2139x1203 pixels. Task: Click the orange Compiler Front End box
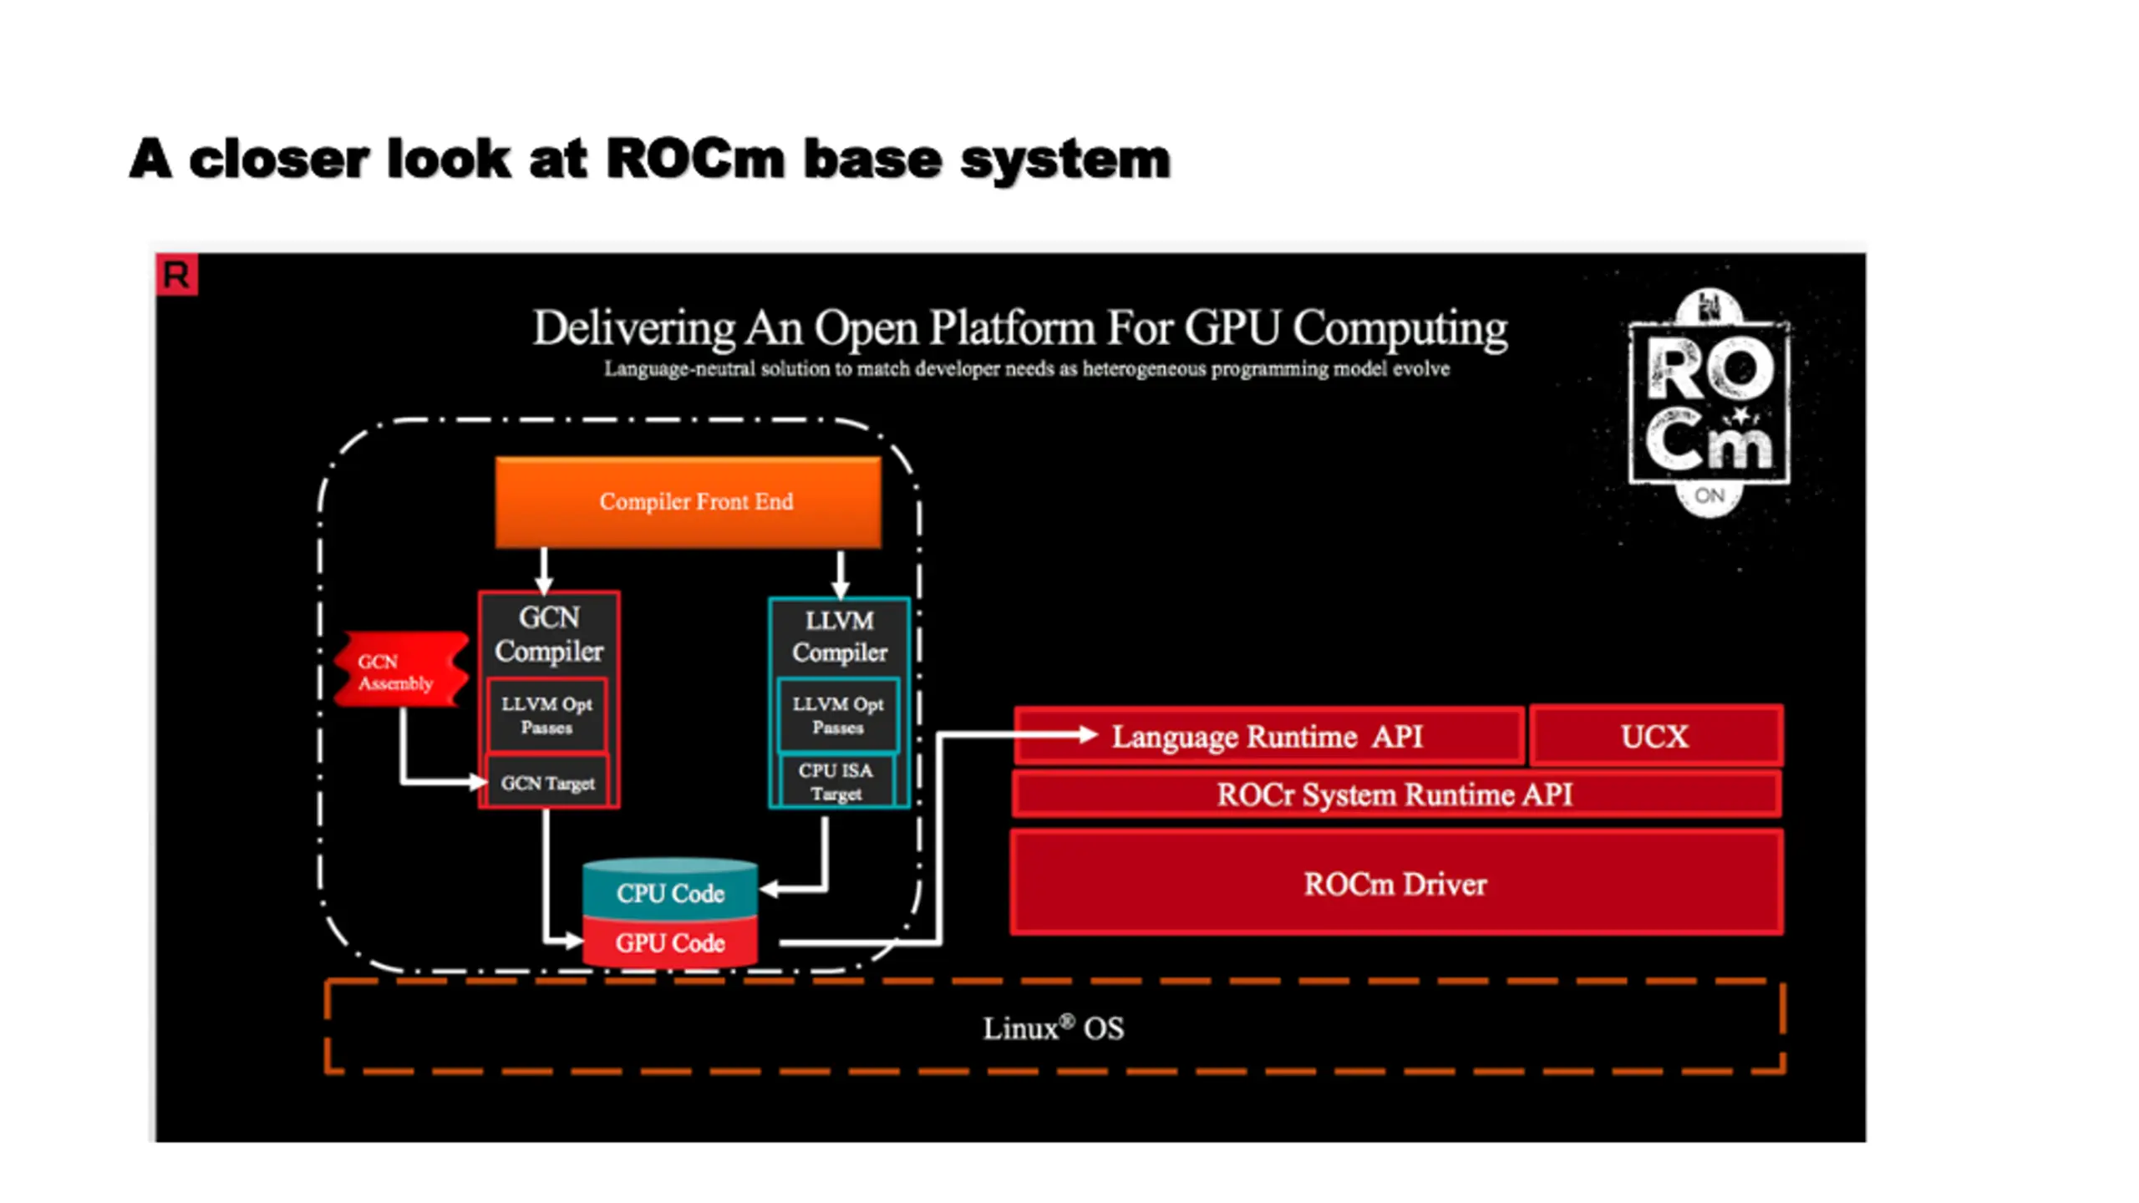[x=687, y=501]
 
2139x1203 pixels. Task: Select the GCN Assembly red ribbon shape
[x=399, y=671]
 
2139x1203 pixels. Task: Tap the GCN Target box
[x=547, y=783]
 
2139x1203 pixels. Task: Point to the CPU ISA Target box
[x=836, y=782]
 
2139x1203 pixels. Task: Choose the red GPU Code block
[x=670, y=942]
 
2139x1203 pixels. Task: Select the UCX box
[x=1654, y=736]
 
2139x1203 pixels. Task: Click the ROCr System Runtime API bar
[x=1394, y=794]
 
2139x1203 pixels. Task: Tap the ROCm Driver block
[x=1395, y=883]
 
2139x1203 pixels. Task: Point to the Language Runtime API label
[x=1267, y=736]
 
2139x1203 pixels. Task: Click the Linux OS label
[x=1053, y=1028]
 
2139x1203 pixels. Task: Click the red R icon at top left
[x=176, y=275]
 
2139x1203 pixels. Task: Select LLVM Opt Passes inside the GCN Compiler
[x=546, y=715]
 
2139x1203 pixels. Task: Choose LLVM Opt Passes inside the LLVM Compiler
[x=837, y=715]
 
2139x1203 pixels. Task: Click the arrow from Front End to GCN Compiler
[x=544, y=571]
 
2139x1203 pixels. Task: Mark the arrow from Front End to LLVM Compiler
[x=841, y=574]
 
